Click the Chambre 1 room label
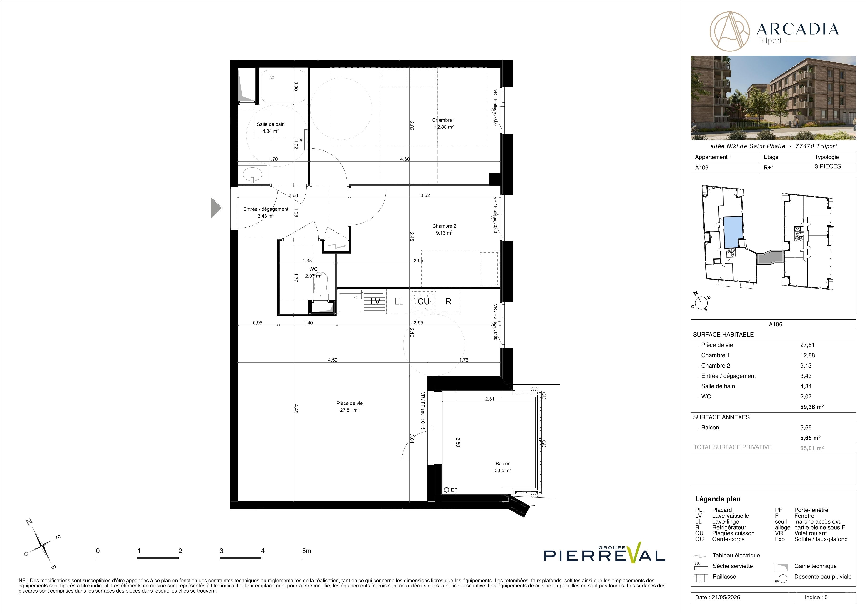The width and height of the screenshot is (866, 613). pyautogui.click(x=444, y=120)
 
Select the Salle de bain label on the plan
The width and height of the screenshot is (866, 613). pyautogui.click(x=270, y=124)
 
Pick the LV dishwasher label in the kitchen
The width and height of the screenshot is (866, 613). pyautogui.click(x=375, y=301)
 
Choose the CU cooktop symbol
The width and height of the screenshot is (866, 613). pyautogui.click(x=423, y=301)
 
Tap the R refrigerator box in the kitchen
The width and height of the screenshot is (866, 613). pyautogui.click(x=448, y=301)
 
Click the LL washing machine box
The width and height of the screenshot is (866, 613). pyautogui.click(x=399, y=301)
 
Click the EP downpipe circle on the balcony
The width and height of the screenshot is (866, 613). pyautogui.click(x=447, y=490)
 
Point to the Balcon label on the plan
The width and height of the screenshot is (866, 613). pyautogui.click(x=503, y=464)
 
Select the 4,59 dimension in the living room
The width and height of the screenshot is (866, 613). pyautogui.click(x=333, y=360)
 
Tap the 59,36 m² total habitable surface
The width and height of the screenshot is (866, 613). pyautogui.click(x=812, y=407)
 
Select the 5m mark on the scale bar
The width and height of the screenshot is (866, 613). pyautogui.click(x=307, y=551)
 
